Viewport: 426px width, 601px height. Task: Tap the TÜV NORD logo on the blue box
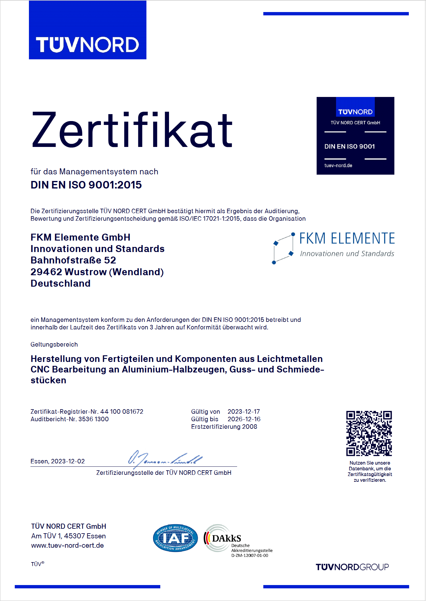(x=87, y=45)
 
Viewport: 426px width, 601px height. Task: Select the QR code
(x=369, y=433)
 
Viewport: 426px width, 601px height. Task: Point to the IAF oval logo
(x=175, y=538)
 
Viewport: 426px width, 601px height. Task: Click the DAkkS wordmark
(x=227, y=538)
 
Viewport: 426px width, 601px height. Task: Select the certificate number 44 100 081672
(x=122, y=412)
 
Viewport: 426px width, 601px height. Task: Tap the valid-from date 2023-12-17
(x=244, y=412)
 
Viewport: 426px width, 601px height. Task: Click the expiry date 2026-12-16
(x=244, y=419)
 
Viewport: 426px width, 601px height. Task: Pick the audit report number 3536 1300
(x=93, y=419)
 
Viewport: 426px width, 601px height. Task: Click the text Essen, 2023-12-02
(x=58, y=461)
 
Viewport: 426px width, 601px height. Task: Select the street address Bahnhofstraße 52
(x=73, y=260)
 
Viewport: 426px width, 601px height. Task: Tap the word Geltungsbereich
(x=54, y=344)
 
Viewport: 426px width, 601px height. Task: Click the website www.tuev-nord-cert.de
(x=67, y=546)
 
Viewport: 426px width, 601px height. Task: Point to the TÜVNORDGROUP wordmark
(x=352, y=567)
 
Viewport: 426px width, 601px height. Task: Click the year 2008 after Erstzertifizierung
(x=250, y=427)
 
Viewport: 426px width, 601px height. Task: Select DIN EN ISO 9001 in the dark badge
(x=349, y=147)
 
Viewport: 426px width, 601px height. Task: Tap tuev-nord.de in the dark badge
(x=338, y=166)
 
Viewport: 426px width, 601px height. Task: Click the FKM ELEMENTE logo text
(x=347, y=238)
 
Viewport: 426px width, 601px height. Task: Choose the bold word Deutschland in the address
(x=61, y=283)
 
